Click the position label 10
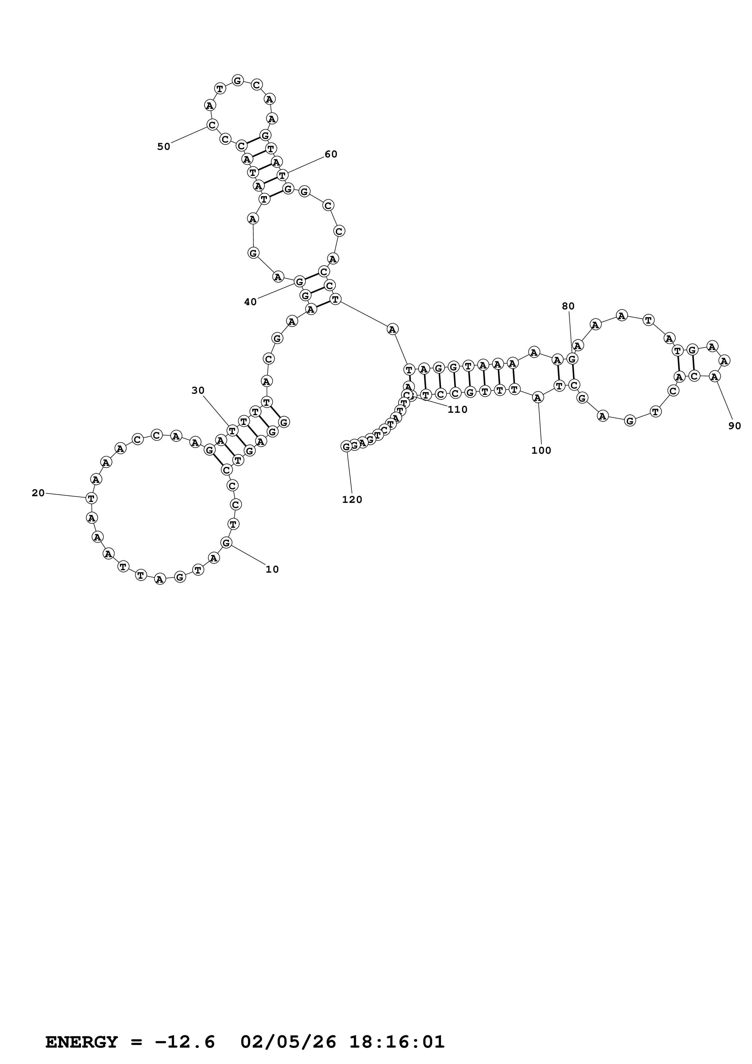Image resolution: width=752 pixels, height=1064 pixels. (272, 570)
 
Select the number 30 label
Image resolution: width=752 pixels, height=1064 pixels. (198, 391)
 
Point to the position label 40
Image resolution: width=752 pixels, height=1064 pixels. (250, 302)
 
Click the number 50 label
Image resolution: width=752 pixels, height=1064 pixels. (164, 147)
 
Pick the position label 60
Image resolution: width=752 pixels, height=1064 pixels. (331, 154)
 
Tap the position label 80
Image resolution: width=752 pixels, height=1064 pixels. (568, 306)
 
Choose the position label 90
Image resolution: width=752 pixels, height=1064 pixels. (734, 426)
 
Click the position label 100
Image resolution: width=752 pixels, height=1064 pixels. (541, 450)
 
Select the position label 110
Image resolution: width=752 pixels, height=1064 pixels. (457, 410)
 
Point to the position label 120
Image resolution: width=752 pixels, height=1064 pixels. (352, 500)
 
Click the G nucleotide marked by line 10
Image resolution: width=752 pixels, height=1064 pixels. (226, 543)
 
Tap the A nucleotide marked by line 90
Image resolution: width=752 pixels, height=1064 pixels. (715, 377)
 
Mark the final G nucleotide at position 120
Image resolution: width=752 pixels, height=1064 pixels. (346, 446)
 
